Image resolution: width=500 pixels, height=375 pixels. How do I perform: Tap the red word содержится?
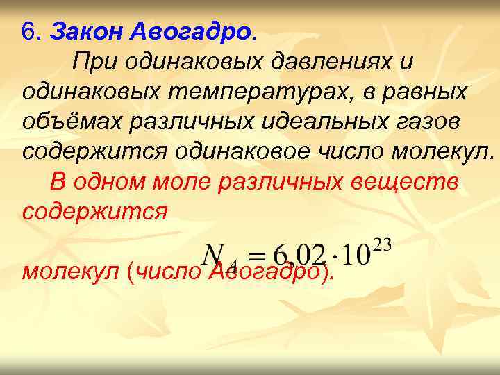pos(94,211)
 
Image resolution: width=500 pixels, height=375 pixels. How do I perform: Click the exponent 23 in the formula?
pos(382,244)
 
